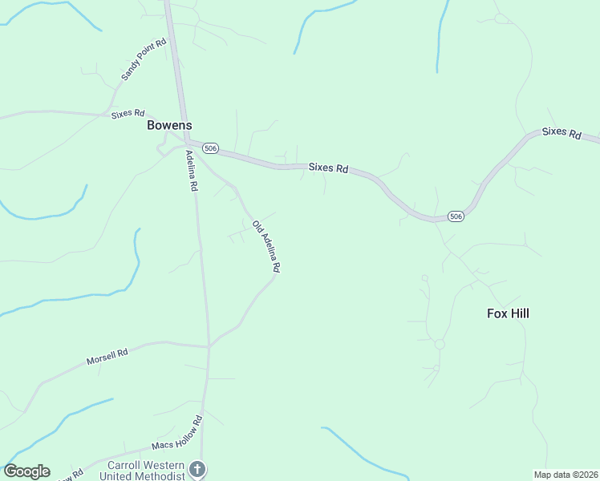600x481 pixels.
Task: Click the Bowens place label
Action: tap(169, 126)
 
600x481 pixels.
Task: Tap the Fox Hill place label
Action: tap(508, 313)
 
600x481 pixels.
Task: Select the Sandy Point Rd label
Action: tap(144, 59)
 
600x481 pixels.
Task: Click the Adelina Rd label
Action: tap(192, 170)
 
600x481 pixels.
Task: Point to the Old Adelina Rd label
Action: tap(266, 248)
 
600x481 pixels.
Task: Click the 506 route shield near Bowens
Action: tap(210, 148)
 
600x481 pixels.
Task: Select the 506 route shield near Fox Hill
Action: tap(455, 216)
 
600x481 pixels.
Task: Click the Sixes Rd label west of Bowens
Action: tap(128, 114)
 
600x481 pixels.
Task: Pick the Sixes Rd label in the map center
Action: tap(329, 168)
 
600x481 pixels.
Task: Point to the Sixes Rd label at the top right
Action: tap(561, 133)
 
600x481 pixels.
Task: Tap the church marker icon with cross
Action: tap(197, 468)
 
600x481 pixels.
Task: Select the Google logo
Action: tap(26, 471)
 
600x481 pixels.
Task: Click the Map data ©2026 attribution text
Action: tap(566, 474)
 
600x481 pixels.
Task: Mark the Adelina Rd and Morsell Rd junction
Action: tap(209, 347)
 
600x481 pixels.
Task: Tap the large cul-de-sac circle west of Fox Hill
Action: tap(439, 344)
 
